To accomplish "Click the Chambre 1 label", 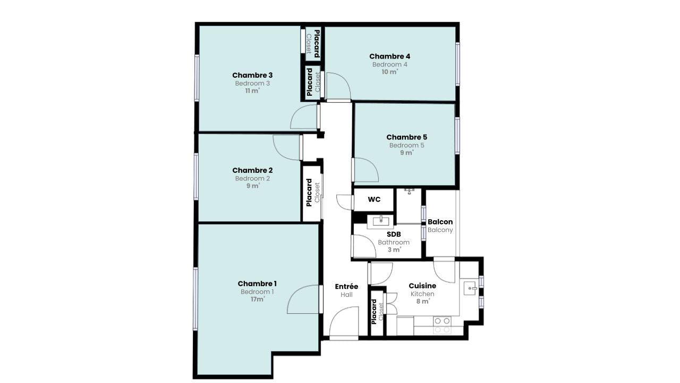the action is tap(257, 284).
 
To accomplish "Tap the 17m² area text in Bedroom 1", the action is tap(258, 299).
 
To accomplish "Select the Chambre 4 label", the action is tap(390, 56).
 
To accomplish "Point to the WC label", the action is tap(374, 199).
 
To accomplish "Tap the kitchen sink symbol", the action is tap(471, 288).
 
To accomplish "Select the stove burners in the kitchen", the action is tap(442, 325).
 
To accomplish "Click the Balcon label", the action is tap(440, 222).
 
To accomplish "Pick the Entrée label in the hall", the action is tap(346, 286).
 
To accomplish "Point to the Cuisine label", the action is tap(422, 286).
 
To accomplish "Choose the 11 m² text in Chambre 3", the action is tap(252, 91).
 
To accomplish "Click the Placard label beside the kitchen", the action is tap(374, 312).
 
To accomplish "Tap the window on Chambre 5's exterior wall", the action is tap(457, 135).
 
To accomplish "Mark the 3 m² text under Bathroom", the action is tap(394, 250).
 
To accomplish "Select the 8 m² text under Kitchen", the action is tap(423, 302).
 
